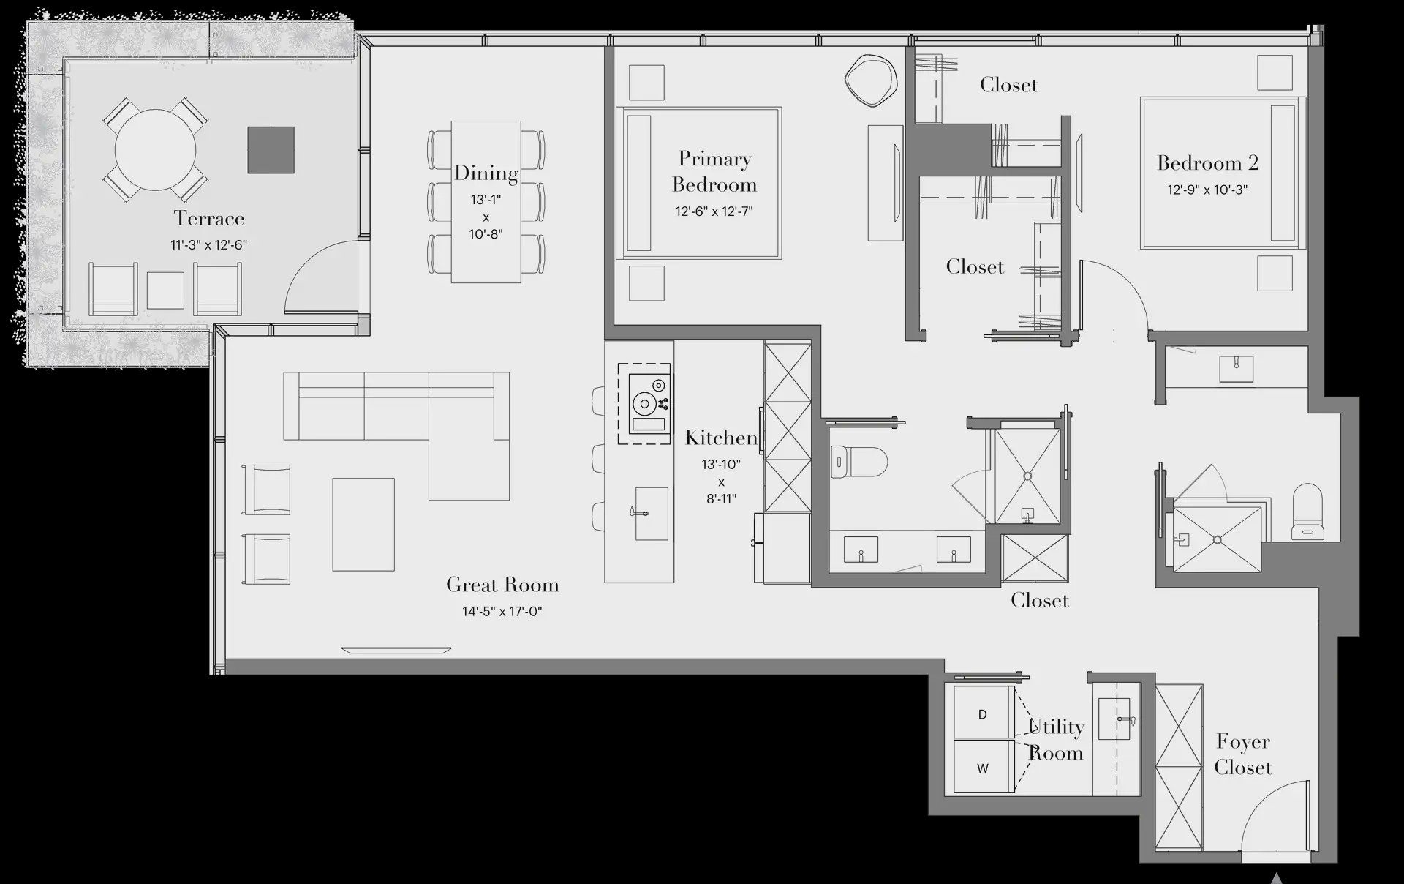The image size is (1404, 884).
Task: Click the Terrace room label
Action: [x=208, y=218]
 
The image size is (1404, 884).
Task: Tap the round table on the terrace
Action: [x=155, y=150]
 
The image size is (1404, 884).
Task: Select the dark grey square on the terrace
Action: [x=271, y=150]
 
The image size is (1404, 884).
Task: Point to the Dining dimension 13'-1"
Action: [x=486, y=199]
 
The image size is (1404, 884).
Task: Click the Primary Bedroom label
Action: [x=714, y=171]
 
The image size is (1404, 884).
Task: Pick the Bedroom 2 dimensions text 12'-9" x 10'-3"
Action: [x=1207, y=190]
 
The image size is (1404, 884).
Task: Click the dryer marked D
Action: [x=983, y=713]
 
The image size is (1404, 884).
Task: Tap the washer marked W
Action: [x=983, y=768]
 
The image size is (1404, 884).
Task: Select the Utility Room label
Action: [x=1055, y=740]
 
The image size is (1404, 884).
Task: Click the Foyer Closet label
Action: [x=1243, y=754]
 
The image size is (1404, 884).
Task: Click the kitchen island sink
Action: [x=651, y=514]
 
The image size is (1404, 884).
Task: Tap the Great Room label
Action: [x=502, y=585]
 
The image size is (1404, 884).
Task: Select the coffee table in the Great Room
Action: [x=363, y=524]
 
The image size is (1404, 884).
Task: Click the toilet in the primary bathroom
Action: [x=859, y=462]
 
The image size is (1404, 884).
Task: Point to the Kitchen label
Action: [x=721, y=438]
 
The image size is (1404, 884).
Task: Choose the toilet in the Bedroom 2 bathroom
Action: [x=1307, y=510]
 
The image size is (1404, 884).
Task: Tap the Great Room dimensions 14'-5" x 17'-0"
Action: [x=502, y=611]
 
